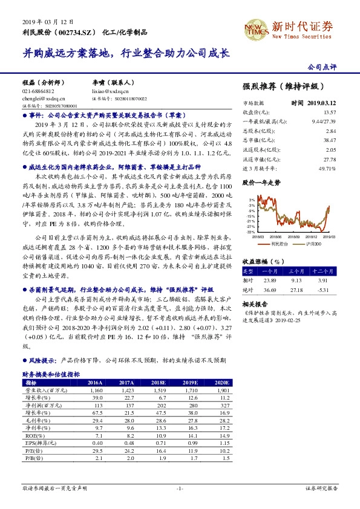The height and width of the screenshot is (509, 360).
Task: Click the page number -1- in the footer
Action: click(179, 487)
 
